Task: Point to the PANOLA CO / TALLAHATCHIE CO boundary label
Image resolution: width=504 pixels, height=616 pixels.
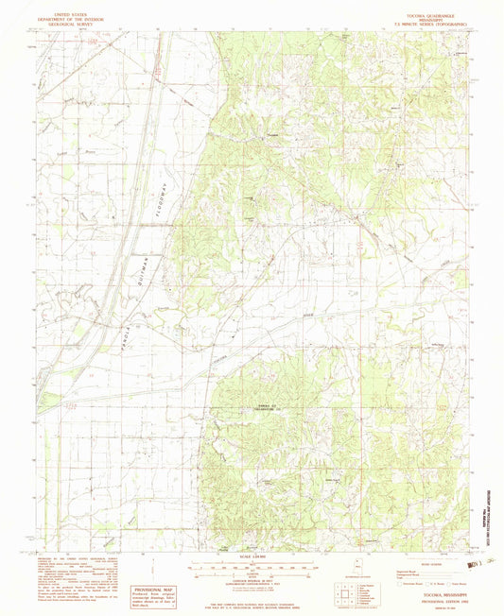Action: (270, 407)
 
